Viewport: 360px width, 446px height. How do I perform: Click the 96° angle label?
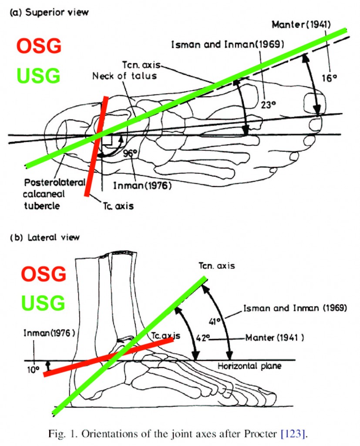(131, 153)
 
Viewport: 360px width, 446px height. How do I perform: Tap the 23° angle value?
(268, 105)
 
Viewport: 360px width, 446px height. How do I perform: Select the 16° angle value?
(329, 78)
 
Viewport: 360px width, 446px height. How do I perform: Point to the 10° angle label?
(33, 370)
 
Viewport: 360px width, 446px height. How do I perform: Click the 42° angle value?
(203, 338)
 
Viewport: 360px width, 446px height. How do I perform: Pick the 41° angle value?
(215, 321)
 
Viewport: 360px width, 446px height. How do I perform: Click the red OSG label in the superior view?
(39, 46)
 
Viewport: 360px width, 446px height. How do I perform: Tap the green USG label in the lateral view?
(43, 302)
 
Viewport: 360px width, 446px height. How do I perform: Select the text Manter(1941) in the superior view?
(301, 24)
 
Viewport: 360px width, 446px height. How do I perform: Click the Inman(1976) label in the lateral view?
(49, 333)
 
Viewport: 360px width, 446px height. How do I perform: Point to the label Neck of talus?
(124, 76)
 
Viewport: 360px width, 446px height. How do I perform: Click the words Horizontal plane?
(249, 366)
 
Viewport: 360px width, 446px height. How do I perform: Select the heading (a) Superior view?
(49, 13)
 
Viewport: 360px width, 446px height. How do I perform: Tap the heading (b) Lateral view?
(45, 237)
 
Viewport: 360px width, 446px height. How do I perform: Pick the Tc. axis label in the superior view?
(118, 206)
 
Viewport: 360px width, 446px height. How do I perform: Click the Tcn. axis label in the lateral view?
(217, 266)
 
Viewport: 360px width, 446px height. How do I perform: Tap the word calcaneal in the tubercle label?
(44, 194)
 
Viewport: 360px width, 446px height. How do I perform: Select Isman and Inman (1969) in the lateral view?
(295, 308)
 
